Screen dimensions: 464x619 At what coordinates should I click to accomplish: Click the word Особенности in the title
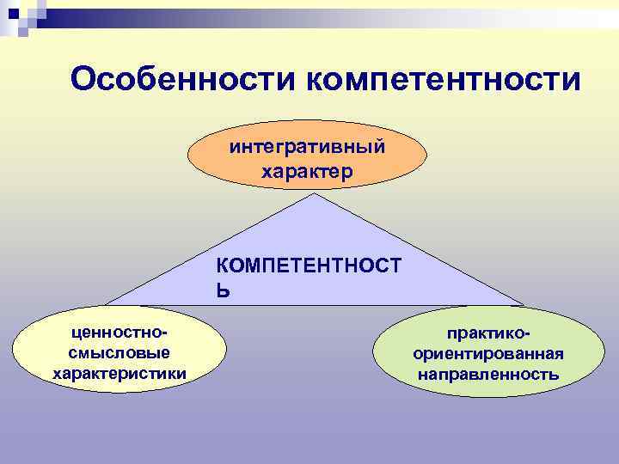[183, 80]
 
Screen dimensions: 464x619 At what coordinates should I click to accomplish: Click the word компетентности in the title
[444, 80]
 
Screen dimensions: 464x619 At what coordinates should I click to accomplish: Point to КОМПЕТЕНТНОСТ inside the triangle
[307, 266]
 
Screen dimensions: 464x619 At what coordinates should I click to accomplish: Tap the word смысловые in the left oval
[119, 352]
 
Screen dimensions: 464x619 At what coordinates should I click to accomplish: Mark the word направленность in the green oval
[488, 375]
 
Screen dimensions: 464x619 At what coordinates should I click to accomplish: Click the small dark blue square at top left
[11, 13]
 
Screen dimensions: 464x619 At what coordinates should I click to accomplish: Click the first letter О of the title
[84, 80]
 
